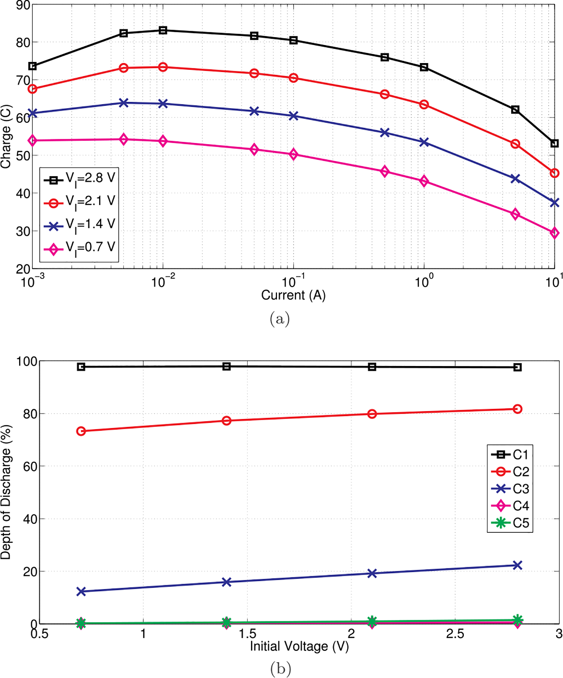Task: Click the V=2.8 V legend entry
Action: [80, 179]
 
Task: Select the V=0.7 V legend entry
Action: [80, 248]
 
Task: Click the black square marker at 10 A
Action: [554, 143]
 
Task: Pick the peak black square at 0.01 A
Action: [163, 30]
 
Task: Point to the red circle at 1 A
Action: [424, 104]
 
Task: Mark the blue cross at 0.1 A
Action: [294, 116]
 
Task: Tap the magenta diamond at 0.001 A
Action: [33, 140]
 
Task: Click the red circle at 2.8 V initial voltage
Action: [517, 409]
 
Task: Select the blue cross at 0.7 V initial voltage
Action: [81, 592]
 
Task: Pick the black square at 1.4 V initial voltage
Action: [226, 366]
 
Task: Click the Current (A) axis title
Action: [293, 295]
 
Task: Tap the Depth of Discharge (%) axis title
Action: [6, 492]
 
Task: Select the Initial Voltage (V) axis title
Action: [299, 646]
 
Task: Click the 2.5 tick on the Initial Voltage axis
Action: [455, 634]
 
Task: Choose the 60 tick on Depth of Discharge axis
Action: [30, 466]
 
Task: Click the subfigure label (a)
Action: [280, 319]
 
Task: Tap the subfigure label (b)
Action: [280, 669]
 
